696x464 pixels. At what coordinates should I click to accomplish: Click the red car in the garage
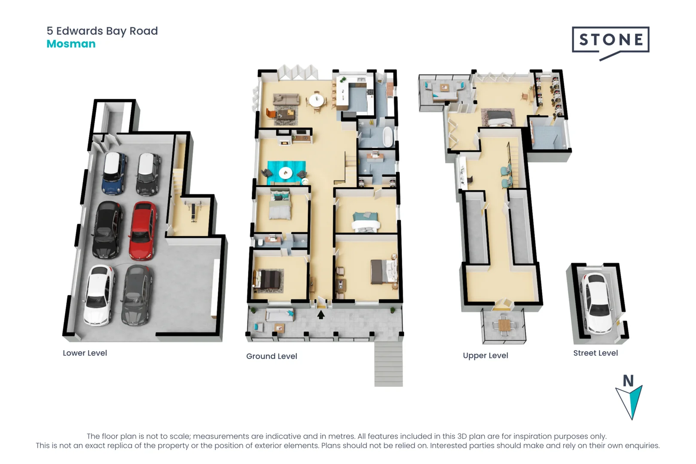[142, 231]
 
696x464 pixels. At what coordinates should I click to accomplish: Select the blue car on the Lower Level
[114, 173]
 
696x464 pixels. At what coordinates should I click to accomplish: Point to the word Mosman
[71, 44]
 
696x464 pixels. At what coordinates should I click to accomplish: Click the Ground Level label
[272, 356]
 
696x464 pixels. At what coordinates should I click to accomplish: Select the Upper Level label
[485, 356]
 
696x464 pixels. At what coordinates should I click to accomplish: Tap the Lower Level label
[85, 353]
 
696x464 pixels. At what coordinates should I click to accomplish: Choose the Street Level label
[595, 353]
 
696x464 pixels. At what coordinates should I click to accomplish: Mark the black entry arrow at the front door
[321, 315]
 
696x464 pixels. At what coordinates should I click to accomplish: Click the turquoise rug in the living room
[287, 173]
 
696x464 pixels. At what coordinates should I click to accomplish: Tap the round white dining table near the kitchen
[316, 101]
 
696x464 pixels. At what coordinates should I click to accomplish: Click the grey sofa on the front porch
[279, 315]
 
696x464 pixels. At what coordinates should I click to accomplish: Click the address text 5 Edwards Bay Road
[102, 31]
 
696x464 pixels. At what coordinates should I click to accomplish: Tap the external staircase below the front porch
[388, 363]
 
